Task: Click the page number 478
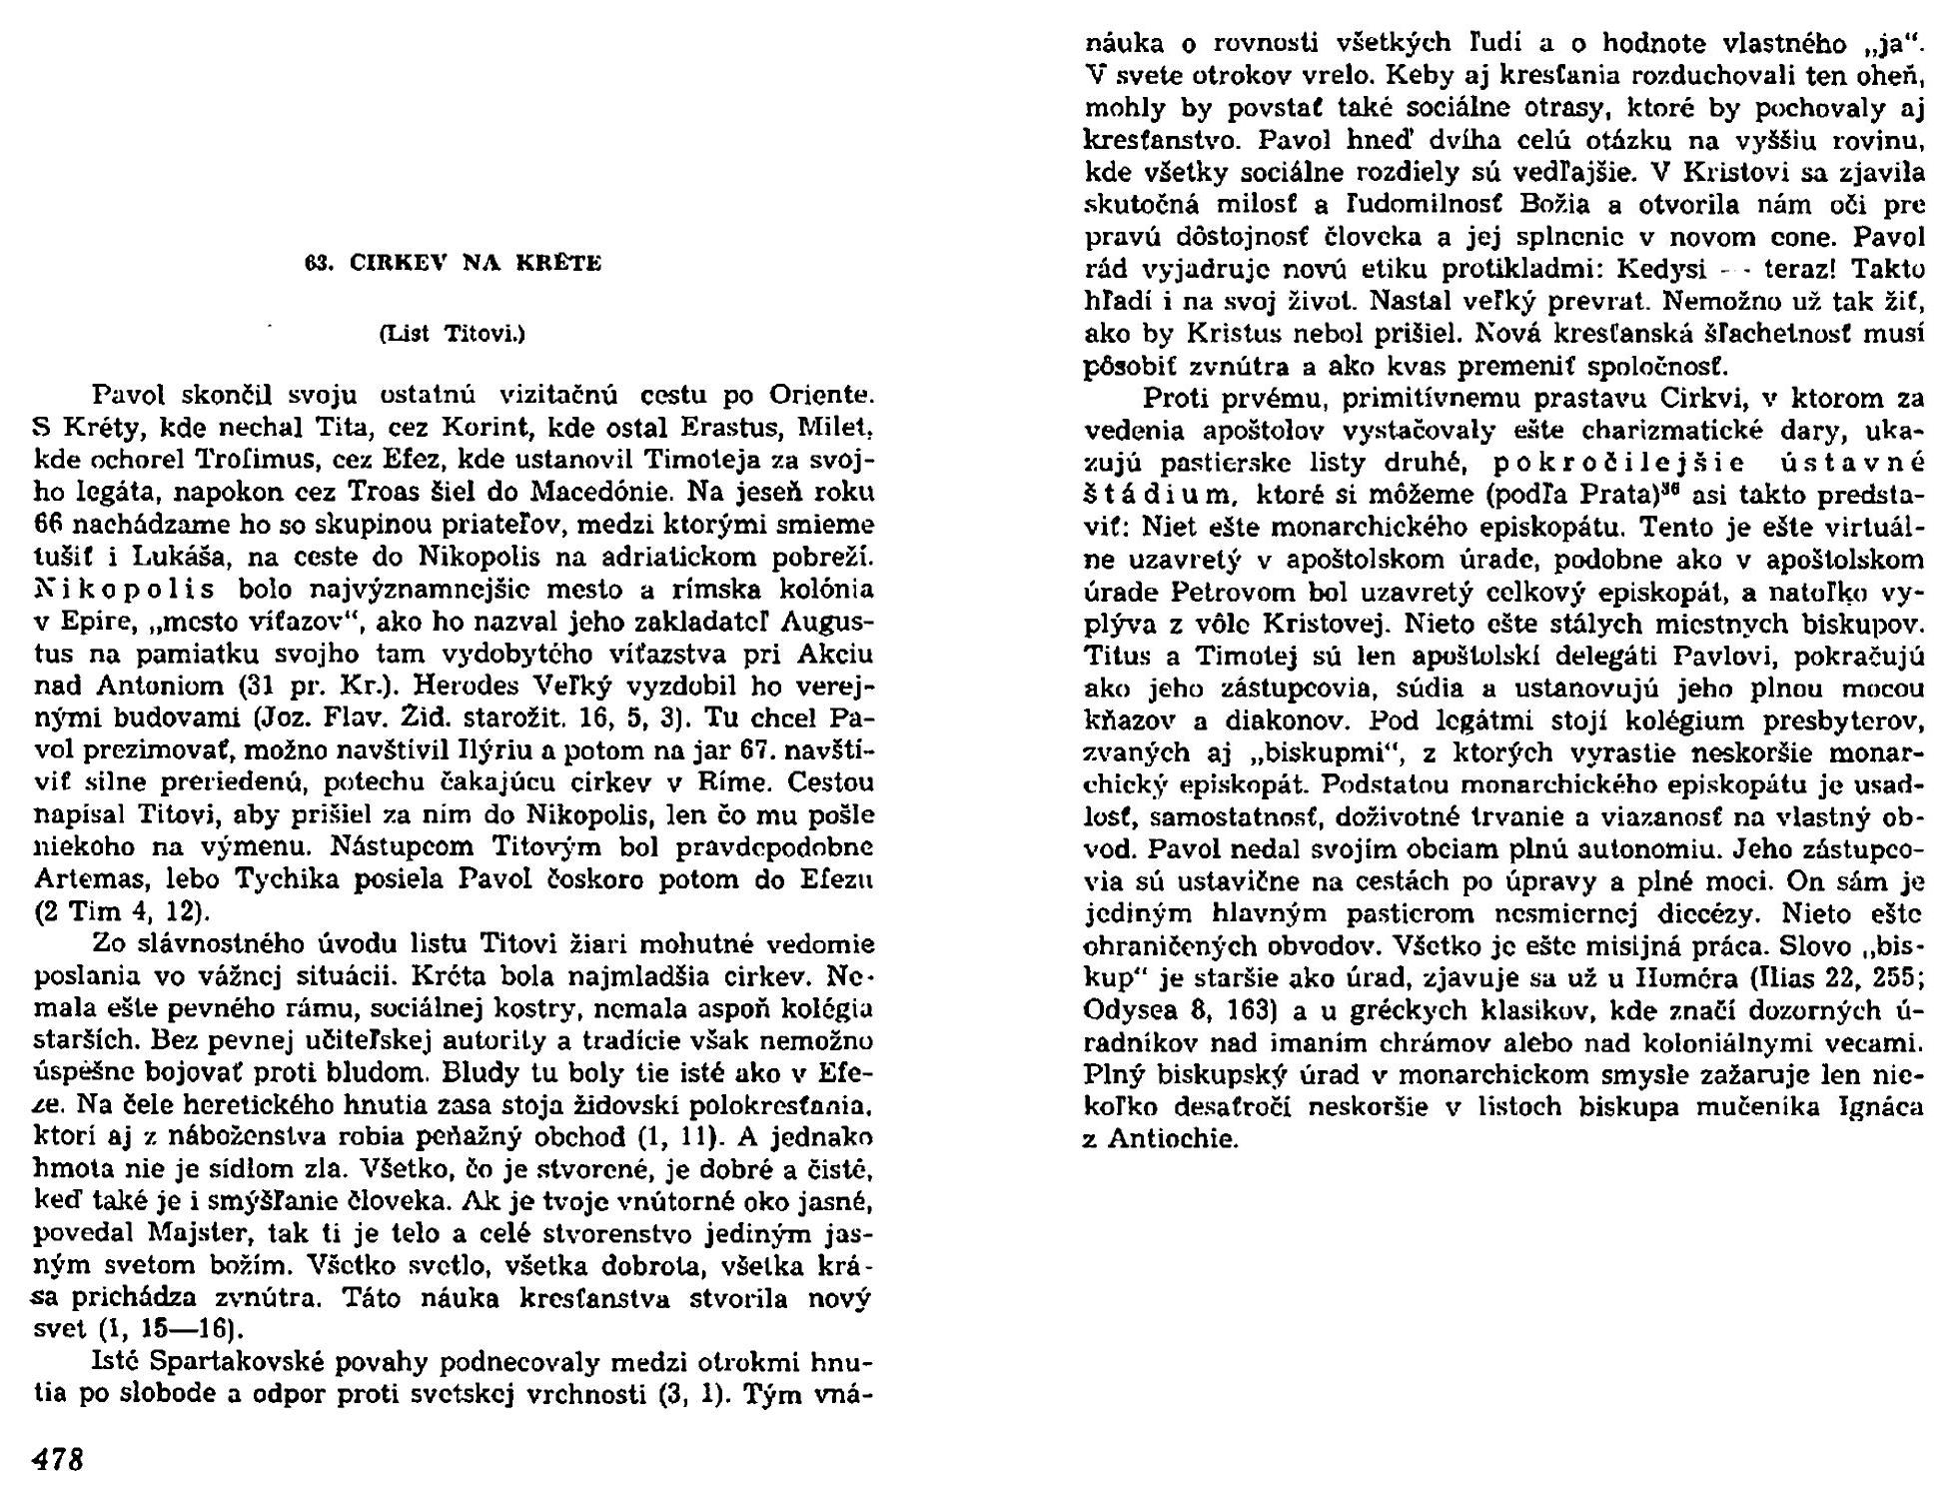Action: (x=59, y=1460)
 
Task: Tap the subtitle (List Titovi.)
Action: (x=454, y=335)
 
